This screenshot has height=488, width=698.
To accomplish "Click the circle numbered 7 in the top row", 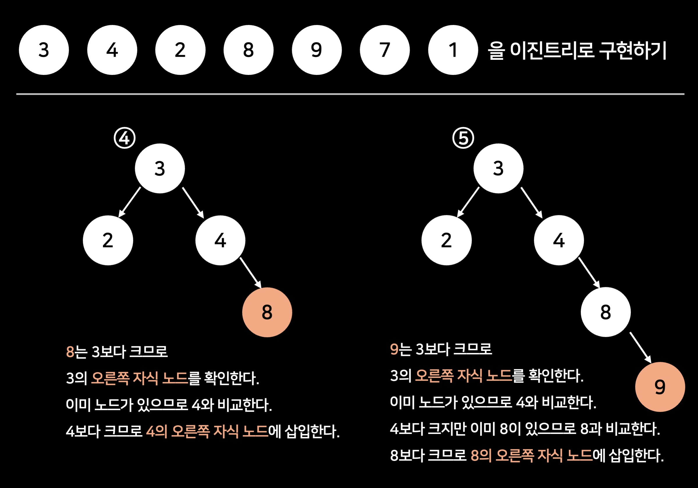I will (x=384, y=50).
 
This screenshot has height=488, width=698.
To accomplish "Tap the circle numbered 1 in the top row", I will (x=453, y=50).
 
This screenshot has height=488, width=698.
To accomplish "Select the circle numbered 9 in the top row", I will (x=316, y=50).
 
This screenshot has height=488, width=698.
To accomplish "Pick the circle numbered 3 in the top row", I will (x=44, y=50).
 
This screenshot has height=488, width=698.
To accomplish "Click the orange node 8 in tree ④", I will (x=267, y=312).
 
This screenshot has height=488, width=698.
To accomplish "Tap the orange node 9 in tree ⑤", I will (x=660, y=387).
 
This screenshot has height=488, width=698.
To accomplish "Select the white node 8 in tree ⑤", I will (x=606, y=312).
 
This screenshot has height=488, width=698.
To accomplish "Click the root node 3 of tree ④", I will (x=160, y=168).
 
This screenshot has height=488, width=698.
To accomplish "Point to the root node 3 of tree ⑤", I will (x=498, y=168).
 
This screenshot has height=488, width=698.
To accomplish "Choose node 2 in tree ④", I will (x=108, y=240).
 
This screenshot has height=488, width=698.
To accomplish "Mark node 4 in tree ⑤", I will (x=559, y=240).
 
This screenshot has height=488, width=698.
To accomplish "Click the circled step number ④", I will (x=125, y=138).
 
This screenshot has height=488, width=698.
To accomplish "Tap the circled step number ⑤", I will (x=463, y=138).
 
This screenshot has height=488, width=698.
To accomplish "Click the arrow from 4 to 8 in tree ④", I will (x=250, y=273).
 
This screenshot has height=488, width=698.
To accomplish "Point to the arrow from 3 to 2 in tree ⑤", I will (x=468, y=202).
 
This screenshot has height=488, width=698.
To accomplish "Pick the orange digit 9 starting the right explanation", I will (x=394, y=349).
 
